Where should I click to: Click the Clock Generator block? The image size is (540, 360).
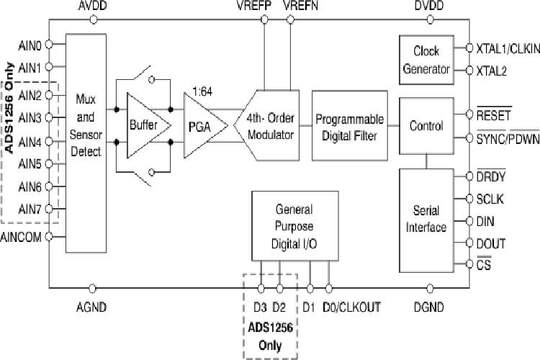coord(431,60)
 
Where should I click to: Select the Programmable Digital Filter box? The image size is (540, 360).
coord(350,126)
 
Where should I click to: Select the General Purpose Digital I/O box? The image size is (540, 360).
coord(294,227)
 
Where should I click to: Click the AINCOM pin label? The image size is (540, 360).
coord(22,236)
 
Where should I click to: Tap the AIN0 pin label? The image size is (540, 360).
coord(29,44)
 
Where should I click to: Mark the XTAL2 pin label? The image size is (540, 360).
coord(492,71)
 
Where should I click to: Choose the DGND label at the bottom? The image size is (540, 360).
coord(428,307)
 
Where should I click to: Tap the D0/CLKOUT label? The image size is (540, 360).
coord(351,307)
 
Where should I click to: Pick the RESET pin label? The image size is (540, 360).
coord(493,114)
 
